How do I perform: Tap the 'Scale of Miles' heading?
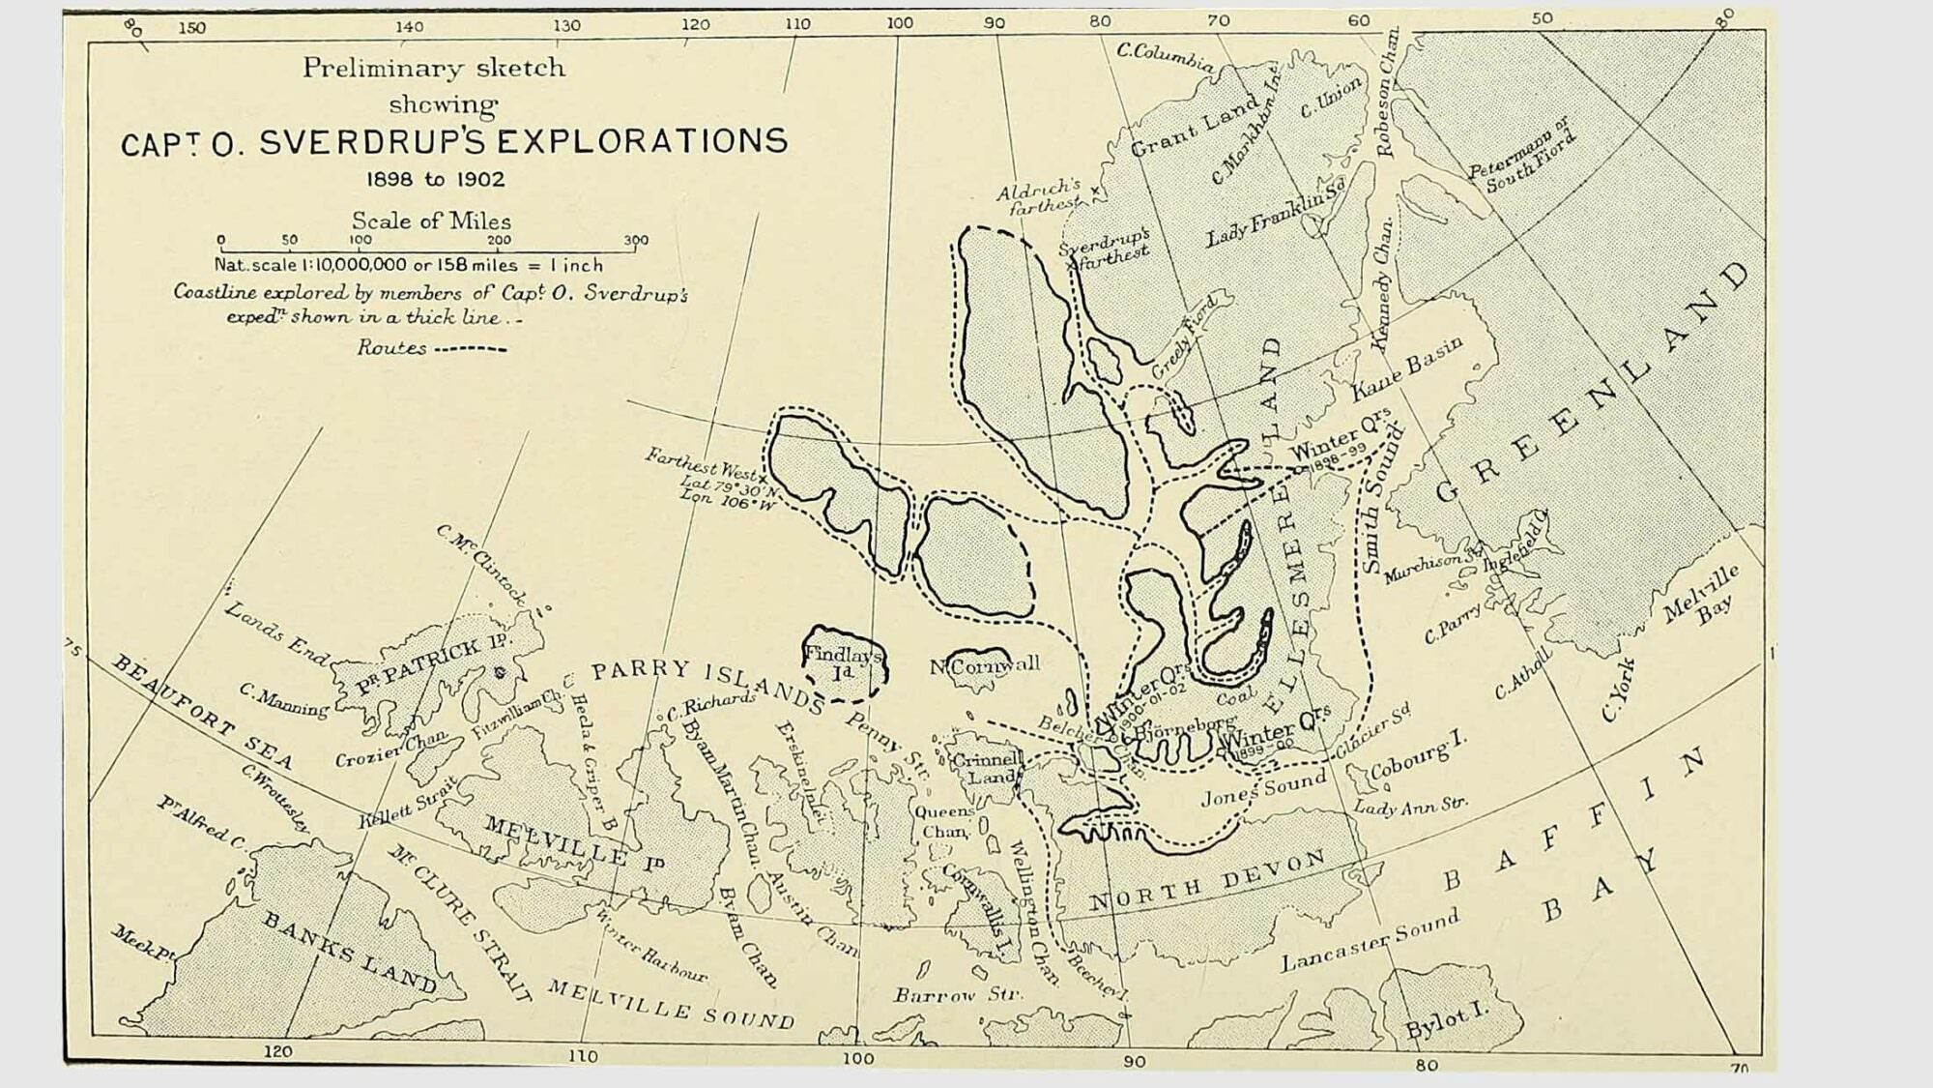[431, 221]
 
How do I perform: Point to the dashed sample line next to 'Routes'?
[470, 348]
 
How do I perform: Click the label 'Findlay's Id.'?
[843, 662]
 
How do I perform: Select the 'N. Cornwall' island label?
[985, 665]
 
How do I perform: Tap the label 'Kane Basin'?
[1407, 368]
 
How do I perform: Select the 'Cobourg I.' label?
[1418, 756]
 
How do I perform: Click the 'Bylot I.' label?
[1447, 1020]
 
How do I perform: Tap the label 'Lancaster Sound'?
[1370, 940]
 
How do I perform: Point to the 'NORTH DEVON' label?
[1208, 881]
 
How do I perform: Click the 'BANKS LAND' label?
[350, 952]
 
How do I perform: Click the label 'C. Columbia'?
[1166, 57]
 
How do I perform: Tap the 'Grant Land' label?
[1196, 125]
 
